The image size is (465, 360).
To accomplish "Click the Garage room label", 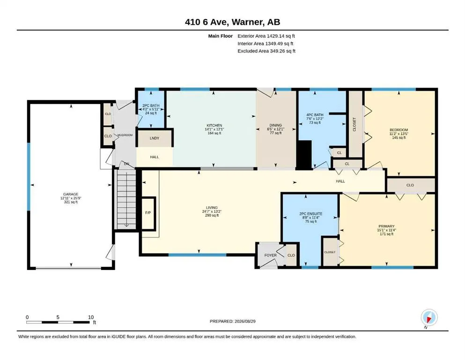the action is pyautogui.click(x=71, y=195).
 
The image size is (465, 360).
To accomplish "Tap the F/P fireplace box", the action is pyautogui.click(x=148, y=213).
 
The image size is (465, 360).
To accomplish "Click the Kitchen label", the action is pyautogui.click(x=214, y=126).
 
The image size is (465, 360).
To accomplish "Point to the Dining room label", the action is pyautogui.click(x=275, y=125).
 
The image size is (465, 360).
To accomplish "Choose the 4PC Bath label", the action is pyautogui.click(x=315, y=115).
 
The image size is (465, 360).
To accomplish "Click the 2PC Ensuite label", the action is pyautogui.click(x=310, y=214).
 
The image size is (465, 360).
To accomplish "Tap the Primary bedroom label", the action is pyautogui.click(x=386, y=226).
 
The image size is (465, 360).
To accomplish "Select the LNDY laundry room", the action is pyautogui.click(x=155, y=138).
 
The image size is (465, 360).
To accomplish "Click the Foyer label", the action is pyautogui.click(x=270, y=255).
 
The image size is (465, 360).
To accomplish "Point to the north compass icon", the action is pyautogui.click(x=429, y=318).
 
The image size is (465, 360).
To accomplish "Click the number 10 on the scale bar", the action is pyautogui.click(x=91, y=317).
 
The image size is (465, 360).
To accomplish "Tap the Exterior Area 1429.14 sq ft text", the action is pyautogui.click(x=266, y=36).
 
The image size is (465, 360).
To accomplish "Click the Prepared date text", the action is pyautogui.click(x=232, y=321).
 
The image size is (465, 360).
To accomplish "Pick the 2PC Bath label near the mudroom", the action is pyautogui.click(x=151, y=105).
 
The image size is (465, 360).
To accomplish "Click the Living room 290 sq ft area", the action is pyautogui.click(x=212, y=216).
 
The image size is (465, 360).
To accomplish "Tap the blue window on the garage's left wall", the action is pyautogui.click(x=29, y=177).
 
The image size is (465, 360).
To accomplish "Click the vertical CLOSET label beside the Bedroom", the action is pyautogui.click(x=354, y=124).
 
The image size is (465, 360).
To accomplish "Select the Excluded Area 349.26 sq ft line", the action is pyautogui.click(x=266, y=51).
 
